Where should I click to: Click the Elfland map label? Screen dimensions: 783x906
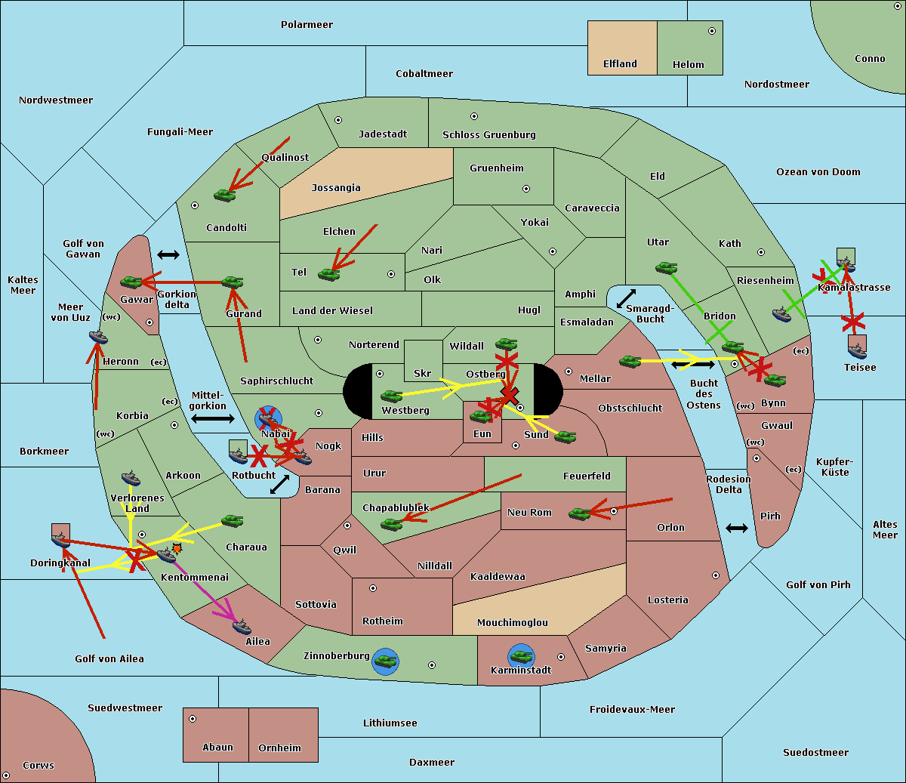[x=620, y=64]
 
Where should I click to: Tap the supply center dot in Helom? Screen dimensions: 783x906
[x=711, y=31]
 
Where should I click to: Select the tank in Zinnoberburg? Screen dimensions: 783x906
[x=386, y=661]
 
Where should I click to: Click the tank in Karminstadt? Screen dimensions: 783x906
[x=521, y=655]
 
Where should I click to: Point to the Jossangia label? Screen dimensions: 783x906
[x=336, y=188]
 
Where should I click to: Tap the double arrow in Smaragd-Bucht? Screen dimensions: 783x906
[x=626, y=299]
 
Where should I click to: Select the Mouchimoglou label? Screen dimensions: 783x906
[x=513, y=623]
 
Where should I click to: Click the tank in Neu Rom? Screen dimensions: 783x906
[x=580, y=513]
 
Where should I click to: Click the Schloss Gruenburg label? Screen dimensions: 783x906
[x=489, y=135]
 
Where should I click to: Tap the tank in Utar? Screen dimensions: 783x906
[x=666, y=267]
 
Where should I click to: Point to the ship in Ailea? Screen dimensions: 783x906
[x=242, y=627]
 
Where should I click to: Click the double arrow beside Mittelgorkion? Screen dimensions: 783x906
[x=213, y=418]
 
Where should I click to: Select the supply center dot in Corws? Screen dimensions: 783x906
[x=7, y=775]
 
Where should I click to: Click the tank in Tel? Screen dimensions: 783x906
[x=328, y=274]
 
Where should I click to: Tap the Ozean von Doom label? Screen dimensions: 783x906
[x=818, y=172]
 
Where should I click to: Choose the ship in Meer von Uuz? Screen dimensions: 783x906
[x=98, y=337]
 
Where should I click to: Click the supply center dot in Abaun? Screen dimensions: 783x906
[x=193, y=719]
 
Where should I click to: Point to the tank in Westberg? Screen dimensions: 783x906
[x=391, y=396]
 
